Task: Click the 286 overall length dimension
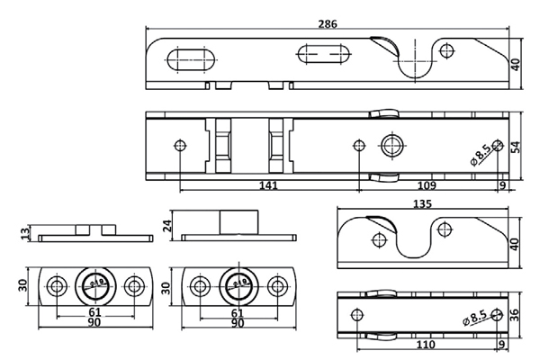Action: click(x=328, y=23)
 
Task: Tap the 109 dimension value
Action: click(x=427, y=185)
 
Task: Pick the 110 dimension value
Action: click(x=426, y=346)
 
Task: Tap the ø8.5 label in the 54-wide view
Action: click(x=479, y=153)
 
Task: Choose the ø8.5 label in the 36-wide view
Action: click(x=479, y=319)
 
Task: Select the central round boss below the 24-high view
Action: click(x=238, y=287)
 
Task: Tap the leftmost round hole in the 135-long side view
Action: click(x=376, y=238)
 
